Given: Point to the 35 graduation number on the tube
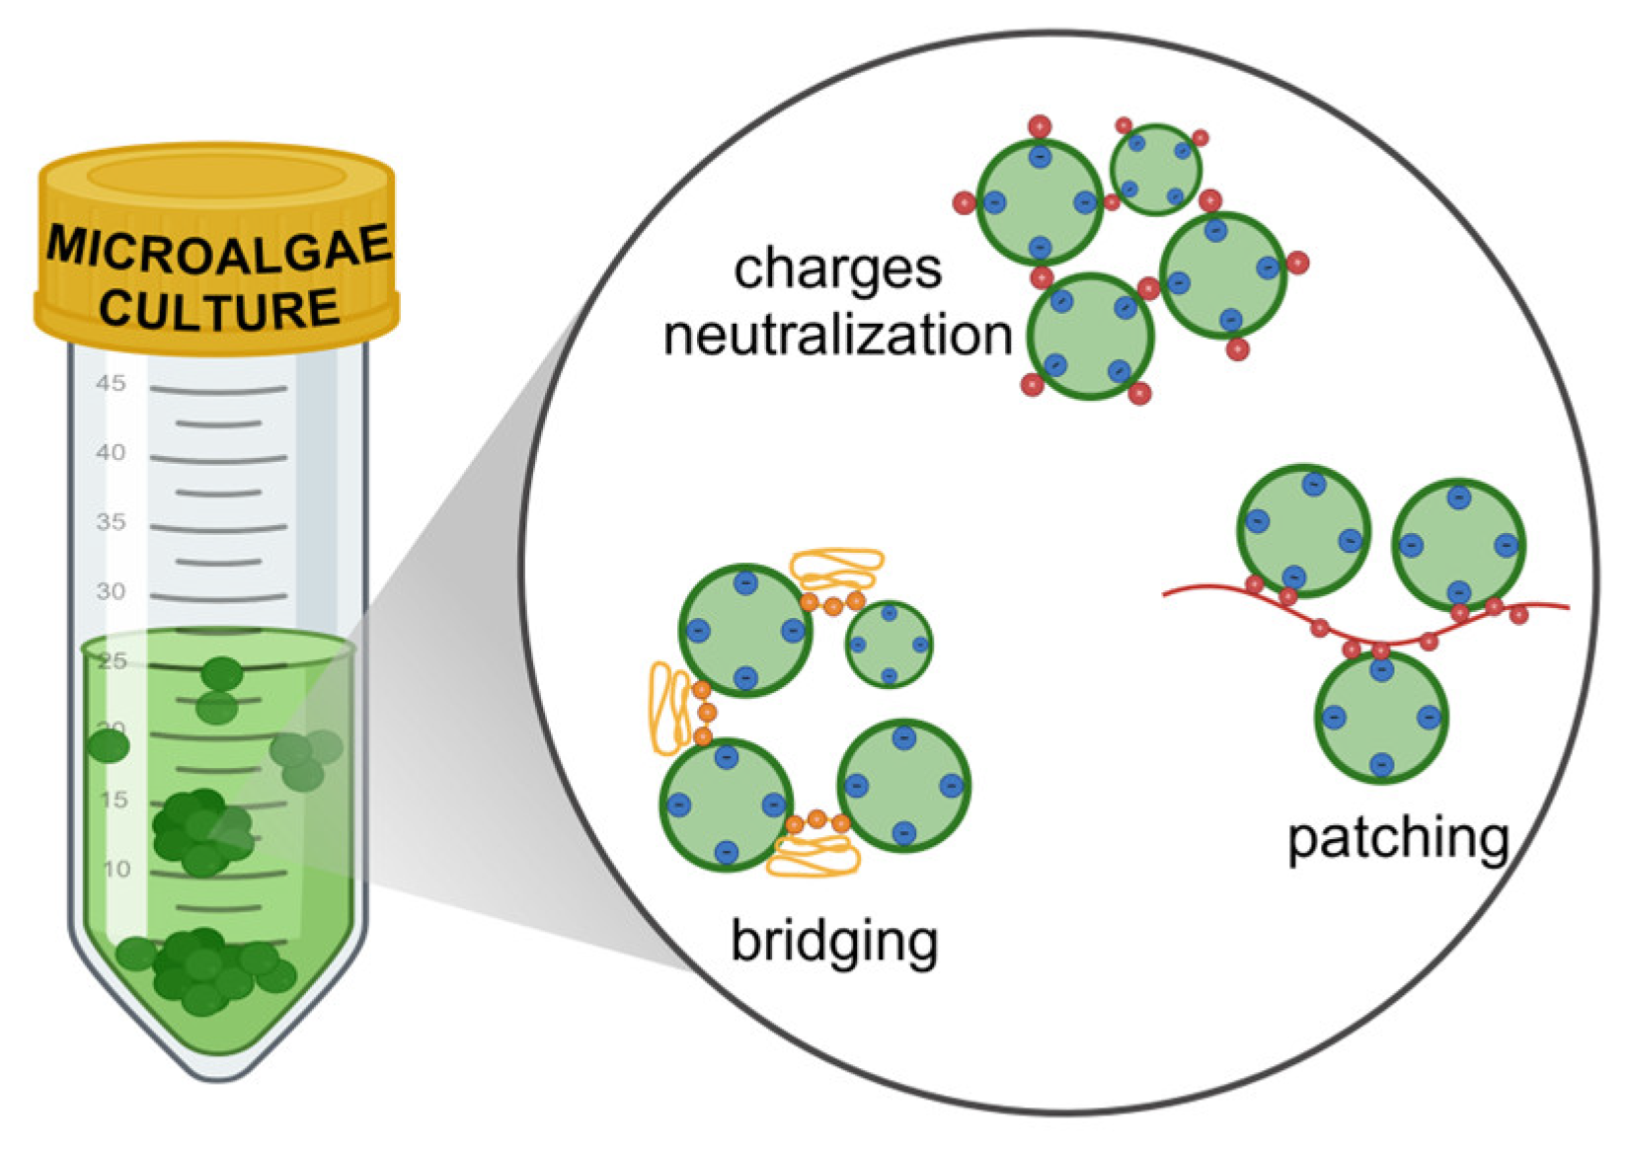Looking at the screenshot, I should click(x=113, y=522).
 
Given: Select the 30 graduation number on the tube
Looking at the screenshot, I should click(x=113, y=591).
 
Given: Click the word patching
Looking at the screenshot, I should click(x=1399, y=837).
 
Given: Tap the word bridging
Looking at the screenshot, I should click(x=834, y=942).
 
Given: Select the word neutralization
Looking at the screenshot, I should click(x=837, y=336).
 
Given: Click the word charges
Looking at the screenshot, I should click(x=837, y=268).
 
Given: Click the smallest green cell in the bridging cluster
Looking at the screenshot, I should click(x=889, y=645).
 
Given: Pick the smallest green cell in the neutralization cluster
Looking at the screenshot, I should click(x=1156, y=169).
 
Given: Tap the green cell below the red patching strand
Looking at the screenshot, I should click(x=1381, y=718).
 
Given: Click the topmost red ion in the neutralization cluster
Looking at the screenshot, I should click(x=1040, y=126).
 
